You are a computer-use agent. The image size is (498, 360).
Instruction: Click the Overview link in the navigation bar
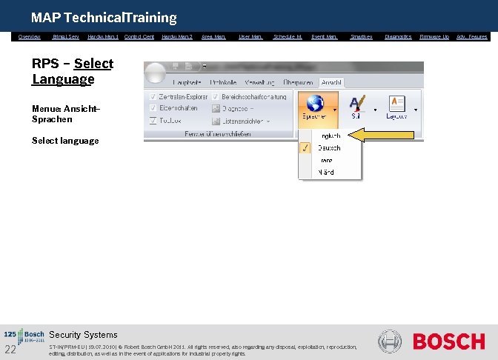[x=29, y=36]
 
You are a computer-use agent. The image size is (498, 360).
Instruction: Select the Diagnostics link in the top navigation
[x=397, y=36]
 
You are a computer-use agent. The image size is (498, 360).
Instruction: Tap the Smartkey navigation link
[x=361, y=36]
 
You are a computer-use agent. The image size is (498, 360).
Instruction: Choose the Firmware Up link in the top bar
[x=434, y=36]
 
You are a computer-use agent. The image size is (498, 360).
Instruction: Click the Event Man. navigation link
[x=324, y=36]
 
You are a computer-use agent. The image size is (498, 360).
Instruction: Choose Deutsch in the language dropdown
[x=330, y=148]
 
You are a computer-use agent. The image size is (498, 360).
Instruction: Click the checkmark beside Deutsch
[x=305, y=148]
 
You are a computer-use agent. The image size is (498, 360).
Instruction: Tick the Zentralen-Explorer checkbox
[x=153, y=97]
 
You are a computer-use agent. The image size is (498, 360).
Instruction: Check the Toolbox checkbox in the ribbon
[x=153, y=120]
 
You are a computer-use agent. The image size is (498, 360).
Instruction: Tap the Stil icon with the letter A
[x=359, y=104]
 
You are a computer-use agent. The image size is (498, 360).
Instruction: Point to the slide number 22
[x=10, y=350]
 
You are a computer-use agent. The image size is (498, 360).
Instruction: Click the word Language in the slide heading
[x=63, y=79]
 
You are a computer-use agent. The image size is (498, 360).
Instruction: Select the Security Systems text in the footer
[x=83, y=335]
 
